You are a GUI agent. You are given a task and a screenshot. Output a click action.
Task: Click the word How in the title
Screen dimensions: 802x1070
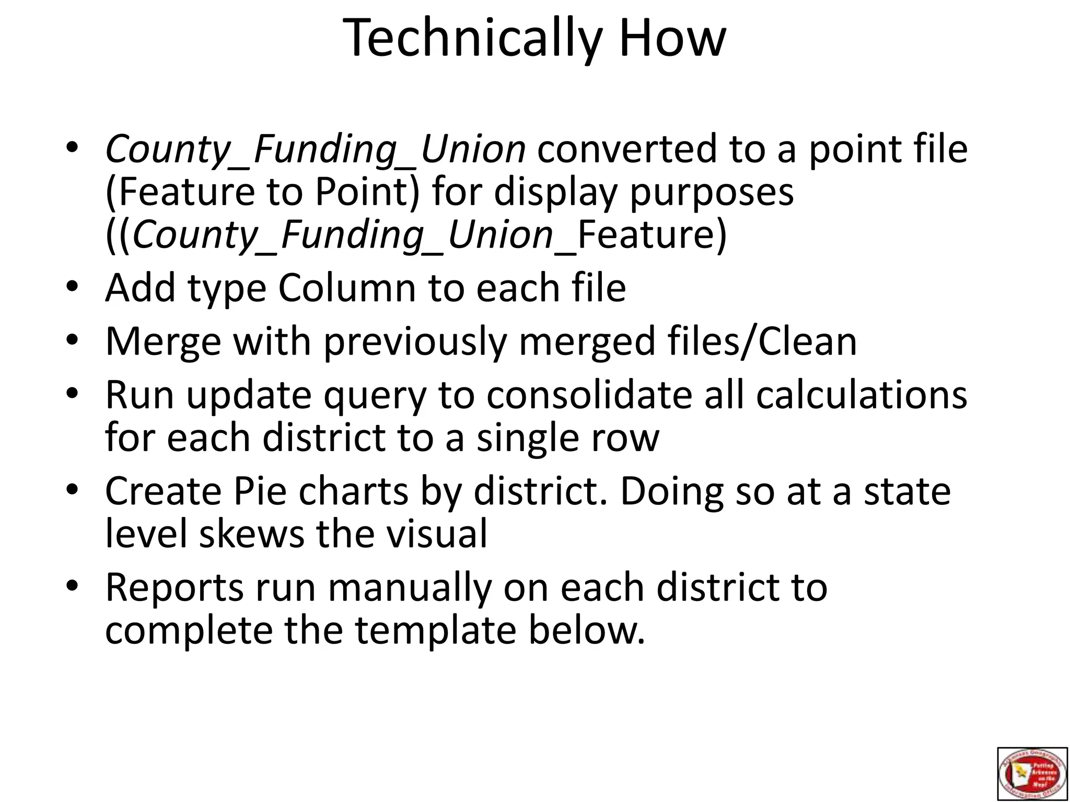click(672, 38)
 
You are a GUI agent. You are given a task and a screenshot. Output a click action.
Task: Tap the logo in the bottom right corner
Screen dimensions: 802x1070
click(1032, 773)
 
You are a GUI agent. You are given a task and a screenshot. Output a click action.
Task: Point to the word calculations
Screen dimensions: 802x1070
click(862, 395)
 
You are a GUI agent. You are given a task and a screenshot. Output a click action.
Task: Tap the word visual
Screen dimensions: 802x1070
click(436, 534)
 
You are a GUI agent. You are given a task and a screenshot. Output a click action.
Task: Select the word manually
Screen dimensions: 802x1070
click(410, 588)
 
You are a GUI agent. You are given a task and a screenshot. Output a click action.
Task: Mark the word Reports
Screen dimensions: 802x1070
click(175, 588)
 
